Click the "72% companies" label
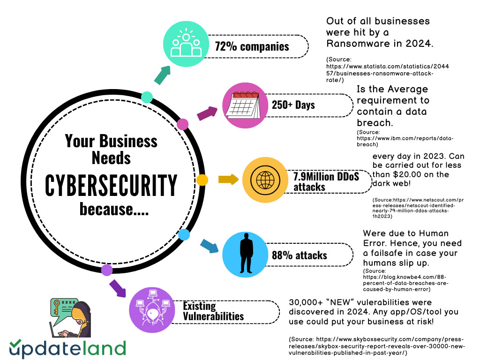(252, 46)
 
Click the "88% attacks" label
(299, 255)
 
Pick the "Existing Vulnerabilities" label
(213, 311)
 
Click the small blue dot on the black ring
(184, 234)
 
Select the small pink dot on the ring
(182, 124)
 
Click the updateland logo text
(67, 349)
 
